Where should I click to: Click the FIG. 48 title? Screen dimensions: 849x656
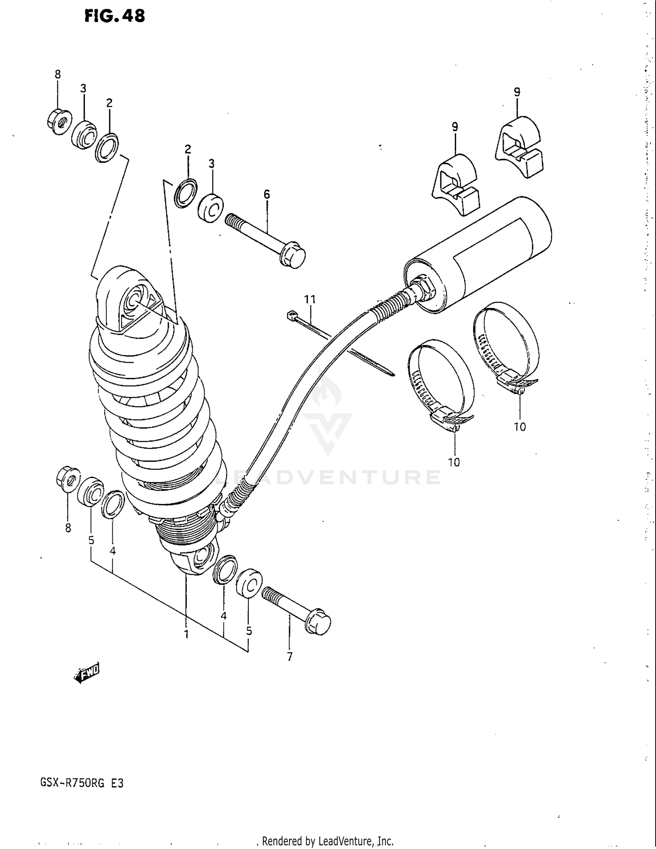click(x=115, y=16)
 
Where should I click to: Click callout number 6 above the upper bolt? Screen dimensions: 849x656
click(x=267, y=194)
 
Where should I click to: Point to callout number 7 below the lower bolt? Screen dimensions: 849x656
click(x=290, y=656)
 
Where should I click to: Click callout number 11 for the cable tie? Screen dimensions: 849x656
click(x=310, y=299)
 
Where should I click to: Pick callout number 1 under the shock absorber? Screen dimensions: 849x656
click(x=186, y=634)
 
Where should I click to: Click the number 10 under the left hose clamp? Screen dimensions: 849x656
click(x=454, y=462)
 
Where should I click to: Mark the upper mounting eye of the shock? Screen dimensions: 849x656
click(x=133, y=300)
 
